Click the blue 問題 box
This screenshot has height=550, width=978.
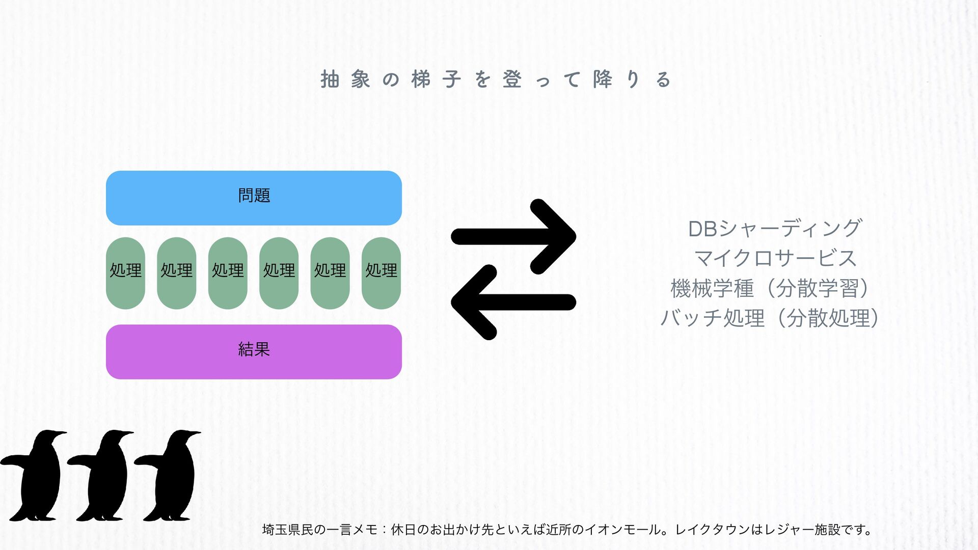pos(254,198)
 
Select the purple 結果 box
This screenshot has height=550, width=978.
pos(254,351)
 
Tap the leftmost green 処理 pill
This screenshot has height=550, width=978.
pos(125,273)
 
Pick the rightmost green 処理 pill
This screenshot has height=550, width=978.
pos(381,273)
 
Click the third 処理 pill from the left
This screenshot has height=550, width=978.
pos(228,273)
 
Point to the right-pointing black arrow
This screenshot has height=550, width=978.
pos(513,237)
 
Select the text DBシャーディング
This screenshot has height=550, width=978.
pos(774,229)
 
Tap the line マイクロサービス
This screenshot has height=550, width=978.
pos(775,258)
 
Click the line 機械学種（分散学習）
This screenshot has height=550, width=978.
pos(770,288)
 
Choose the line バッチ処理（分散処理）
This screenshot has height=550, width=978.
pos(770,318)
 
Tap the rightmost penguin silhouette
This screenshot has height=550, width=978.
pos(171,476)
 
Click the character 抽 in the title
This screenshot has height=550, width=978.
pos(330,79)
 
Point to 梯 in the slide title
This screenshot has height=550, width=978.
pos(421,79)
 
